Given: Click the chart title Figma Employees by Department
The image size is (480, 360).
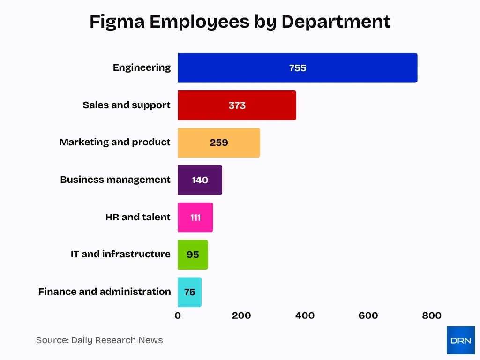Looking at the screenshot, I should point(240,22).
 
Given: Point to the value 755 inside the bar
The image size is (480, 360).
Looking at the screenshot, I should point(297,68).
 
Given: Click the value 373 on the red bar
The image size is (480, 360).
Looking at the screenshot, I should point(237,105).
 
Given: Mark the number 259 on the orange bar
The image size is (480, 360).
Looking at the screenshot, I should point(218,142).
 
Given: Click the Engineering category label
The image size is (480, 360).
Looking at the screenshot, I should point(142,67).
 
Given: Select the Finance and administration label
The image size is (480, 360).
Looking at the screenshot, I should point(105,292).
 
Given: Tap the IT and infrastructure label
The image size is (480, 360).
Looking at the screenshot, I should point(120,254).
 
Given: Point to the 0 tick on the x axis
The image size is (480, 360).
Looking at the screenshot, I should point(178,315).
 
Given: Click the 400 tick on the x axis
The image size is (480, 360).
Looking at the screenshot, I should point(305,315).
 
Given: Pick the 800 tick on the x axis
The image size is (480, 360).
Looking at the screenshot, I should point(431,315).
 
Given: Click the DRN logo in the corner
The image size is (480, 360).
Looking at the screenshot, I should point(460,340).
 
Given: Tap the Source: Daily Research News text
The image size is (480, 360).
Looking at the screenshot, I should point(99,340).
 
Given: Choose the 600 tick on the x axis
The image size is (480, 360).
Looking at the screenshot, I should point(368,315).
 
